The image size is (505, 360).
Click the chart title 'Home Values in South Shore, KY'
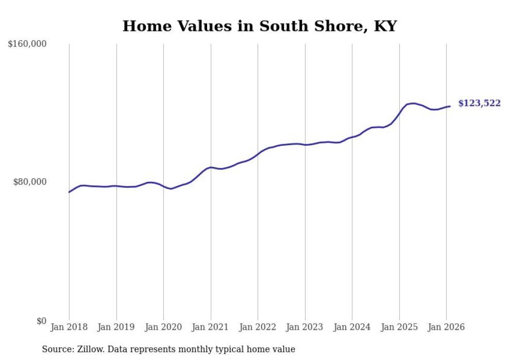click(x=260, y=26)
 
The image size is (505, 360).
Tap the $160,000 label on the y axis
click(x=27, y=44)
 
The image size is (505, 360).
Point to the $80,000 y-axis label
click(x=29, y=182)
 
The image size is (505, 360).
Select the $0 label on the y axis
click(x=41, y=321)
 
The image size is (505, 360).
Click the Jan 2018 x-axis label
click(x=69, y=327)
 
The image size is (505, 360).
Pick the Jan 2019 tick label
click(x=116, y=327)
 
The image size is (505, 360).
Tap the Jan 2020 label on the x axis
click(x=163, y=327)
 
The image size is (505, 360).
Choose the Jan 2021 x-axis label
click(x=211, y=327)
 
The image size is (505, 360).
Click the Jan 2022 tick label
click(x=258, y=327)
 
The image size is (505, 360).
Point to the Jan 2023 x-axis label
click(x=305, y=327)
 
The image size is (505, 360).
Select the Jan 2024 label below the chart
click(x=352, y=327)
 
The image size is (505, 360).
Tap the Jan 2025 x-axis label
click(x=399, y=327)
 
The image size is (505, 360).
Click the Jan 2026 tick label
click(x=446, y=327)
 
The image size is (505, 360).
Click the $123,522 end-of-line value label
click(x=479, y=104)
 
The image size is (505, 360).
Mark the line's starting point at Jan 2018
click(x=69, y=192)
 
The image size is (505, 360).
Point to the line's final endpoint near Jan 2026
click(x=450, y=106)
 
